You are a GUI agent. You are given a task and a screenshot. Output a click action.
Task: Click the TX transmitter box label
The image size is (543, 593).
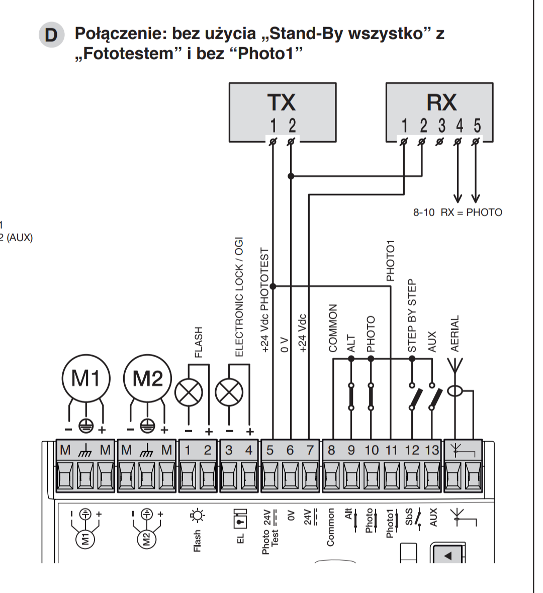pyautogui.click(x=282, y=102)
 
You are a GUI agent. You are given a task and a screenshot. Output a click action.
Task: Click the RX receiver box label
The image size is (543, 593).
pyautogui.click(x=441, y=102)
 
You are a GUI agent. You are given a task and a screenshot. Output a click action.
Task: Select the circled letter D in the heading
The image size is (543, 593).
pyautogui.click(x=51, y=35)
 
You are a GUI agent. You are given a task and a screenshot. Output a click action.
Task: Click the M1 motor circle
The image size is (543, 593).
pyautogui.click(x=86, y=378)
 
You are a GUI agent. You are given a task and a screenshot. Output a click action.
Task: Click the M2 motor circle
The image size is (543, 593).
pyautogui.click(x=147, y=378)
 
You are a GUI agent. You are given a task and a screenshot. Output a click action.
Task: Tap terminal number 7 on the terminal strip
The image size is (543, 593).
pyautogui.click(x=310, y=450)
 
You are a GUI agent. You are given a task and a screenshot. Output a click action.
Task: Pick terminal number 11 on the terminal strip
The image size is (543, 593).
pyautogui.click(x=391, y=450)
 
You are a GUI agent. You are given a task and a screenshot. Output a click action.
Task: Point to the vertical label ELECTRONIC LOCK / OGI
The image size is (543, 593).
pyautogui.click(x=239, y=297)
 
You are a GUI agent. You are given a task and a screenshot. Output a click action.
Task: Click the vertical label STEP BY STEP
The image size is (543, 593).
pyautogui.click(x=412, y=316)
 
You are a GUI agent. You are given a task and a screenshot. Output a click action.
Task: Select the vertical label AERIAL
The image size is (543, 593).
pyautogui.click(x=455, y=334)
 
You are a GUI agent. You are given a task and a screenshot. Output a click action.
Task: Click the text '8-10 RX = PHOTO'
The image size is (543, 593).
pyautogui.click(x=458, y=212)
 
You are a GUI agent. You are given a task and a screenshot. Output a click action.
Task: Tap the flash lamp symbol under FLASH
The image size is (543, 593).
pyautogui.click(x=189, y=392)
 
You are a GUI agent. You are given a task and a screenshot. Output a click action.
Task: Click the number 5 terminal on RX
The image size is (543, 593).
pyautogui.click(x=477, y=126)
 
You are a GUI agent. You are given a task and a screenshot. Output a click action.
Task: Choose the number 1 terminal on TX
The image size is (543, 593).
pyautogui.click(x=273, y=126)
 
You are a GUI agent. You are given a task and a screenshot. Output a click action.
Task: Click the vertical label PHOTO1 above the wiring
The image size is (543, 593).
pyautogui.click(x=391, y=261)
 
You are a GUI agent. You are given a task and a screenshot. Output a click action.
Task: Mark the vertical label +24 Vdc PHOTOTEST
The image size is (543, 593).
pyautogui.click(x=265, y=301)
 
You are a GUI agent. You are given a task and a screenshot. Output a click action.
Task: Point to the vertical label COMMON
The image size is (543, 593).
pyautogui.click(x=333, y=328)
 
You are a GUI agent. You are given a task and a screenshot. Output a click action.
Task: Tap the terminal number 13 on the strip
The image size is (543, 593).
pyautogui.click(x=432, y=450)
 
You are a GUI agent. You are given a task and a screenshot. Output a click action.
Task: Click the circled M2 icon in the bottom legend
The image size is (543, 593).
pyautogui.click(x=147, y=539)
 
